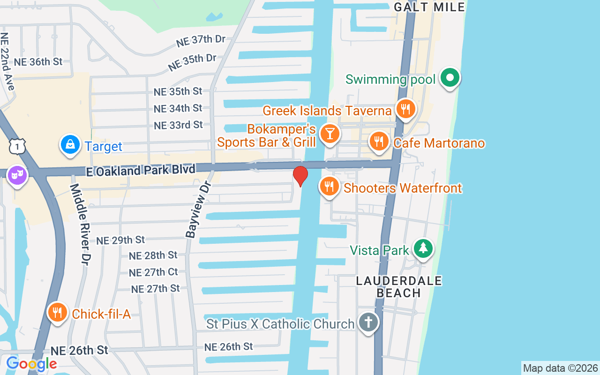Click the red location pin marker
pyautogui.click(x=300, y=176)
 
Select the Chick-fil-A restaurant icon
pyautogui.click(x=57, y=312)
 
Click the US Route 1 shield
pyautogui.click(x=17, y=147)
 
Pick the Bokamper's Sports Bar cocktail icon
pyautogui.click(x=330, y=134)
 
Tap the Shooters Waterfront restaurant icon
pyautogui.click(x=330, y=187)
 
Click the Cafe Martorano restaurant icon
pyautogui.click(x=379, y=141)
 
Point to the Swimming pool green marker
pyautogui.click(x=450, y=78)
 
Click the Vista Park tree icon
pyautogui.click(x=423, y=248)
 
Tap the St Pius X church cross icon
pyautogui.click(x=369, y=322)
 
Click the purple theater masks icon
pyautogui.click(x=17, y=176)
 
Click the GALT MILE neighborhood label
pyautogui.click(x=429, y=7)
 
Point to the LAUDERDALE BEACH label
pyautogui.click(x=399, y=287)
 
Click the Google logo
pyautogui.click(x=31, y=363)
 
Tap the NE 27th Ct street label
pyautogui.click(x=153, y=272)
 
